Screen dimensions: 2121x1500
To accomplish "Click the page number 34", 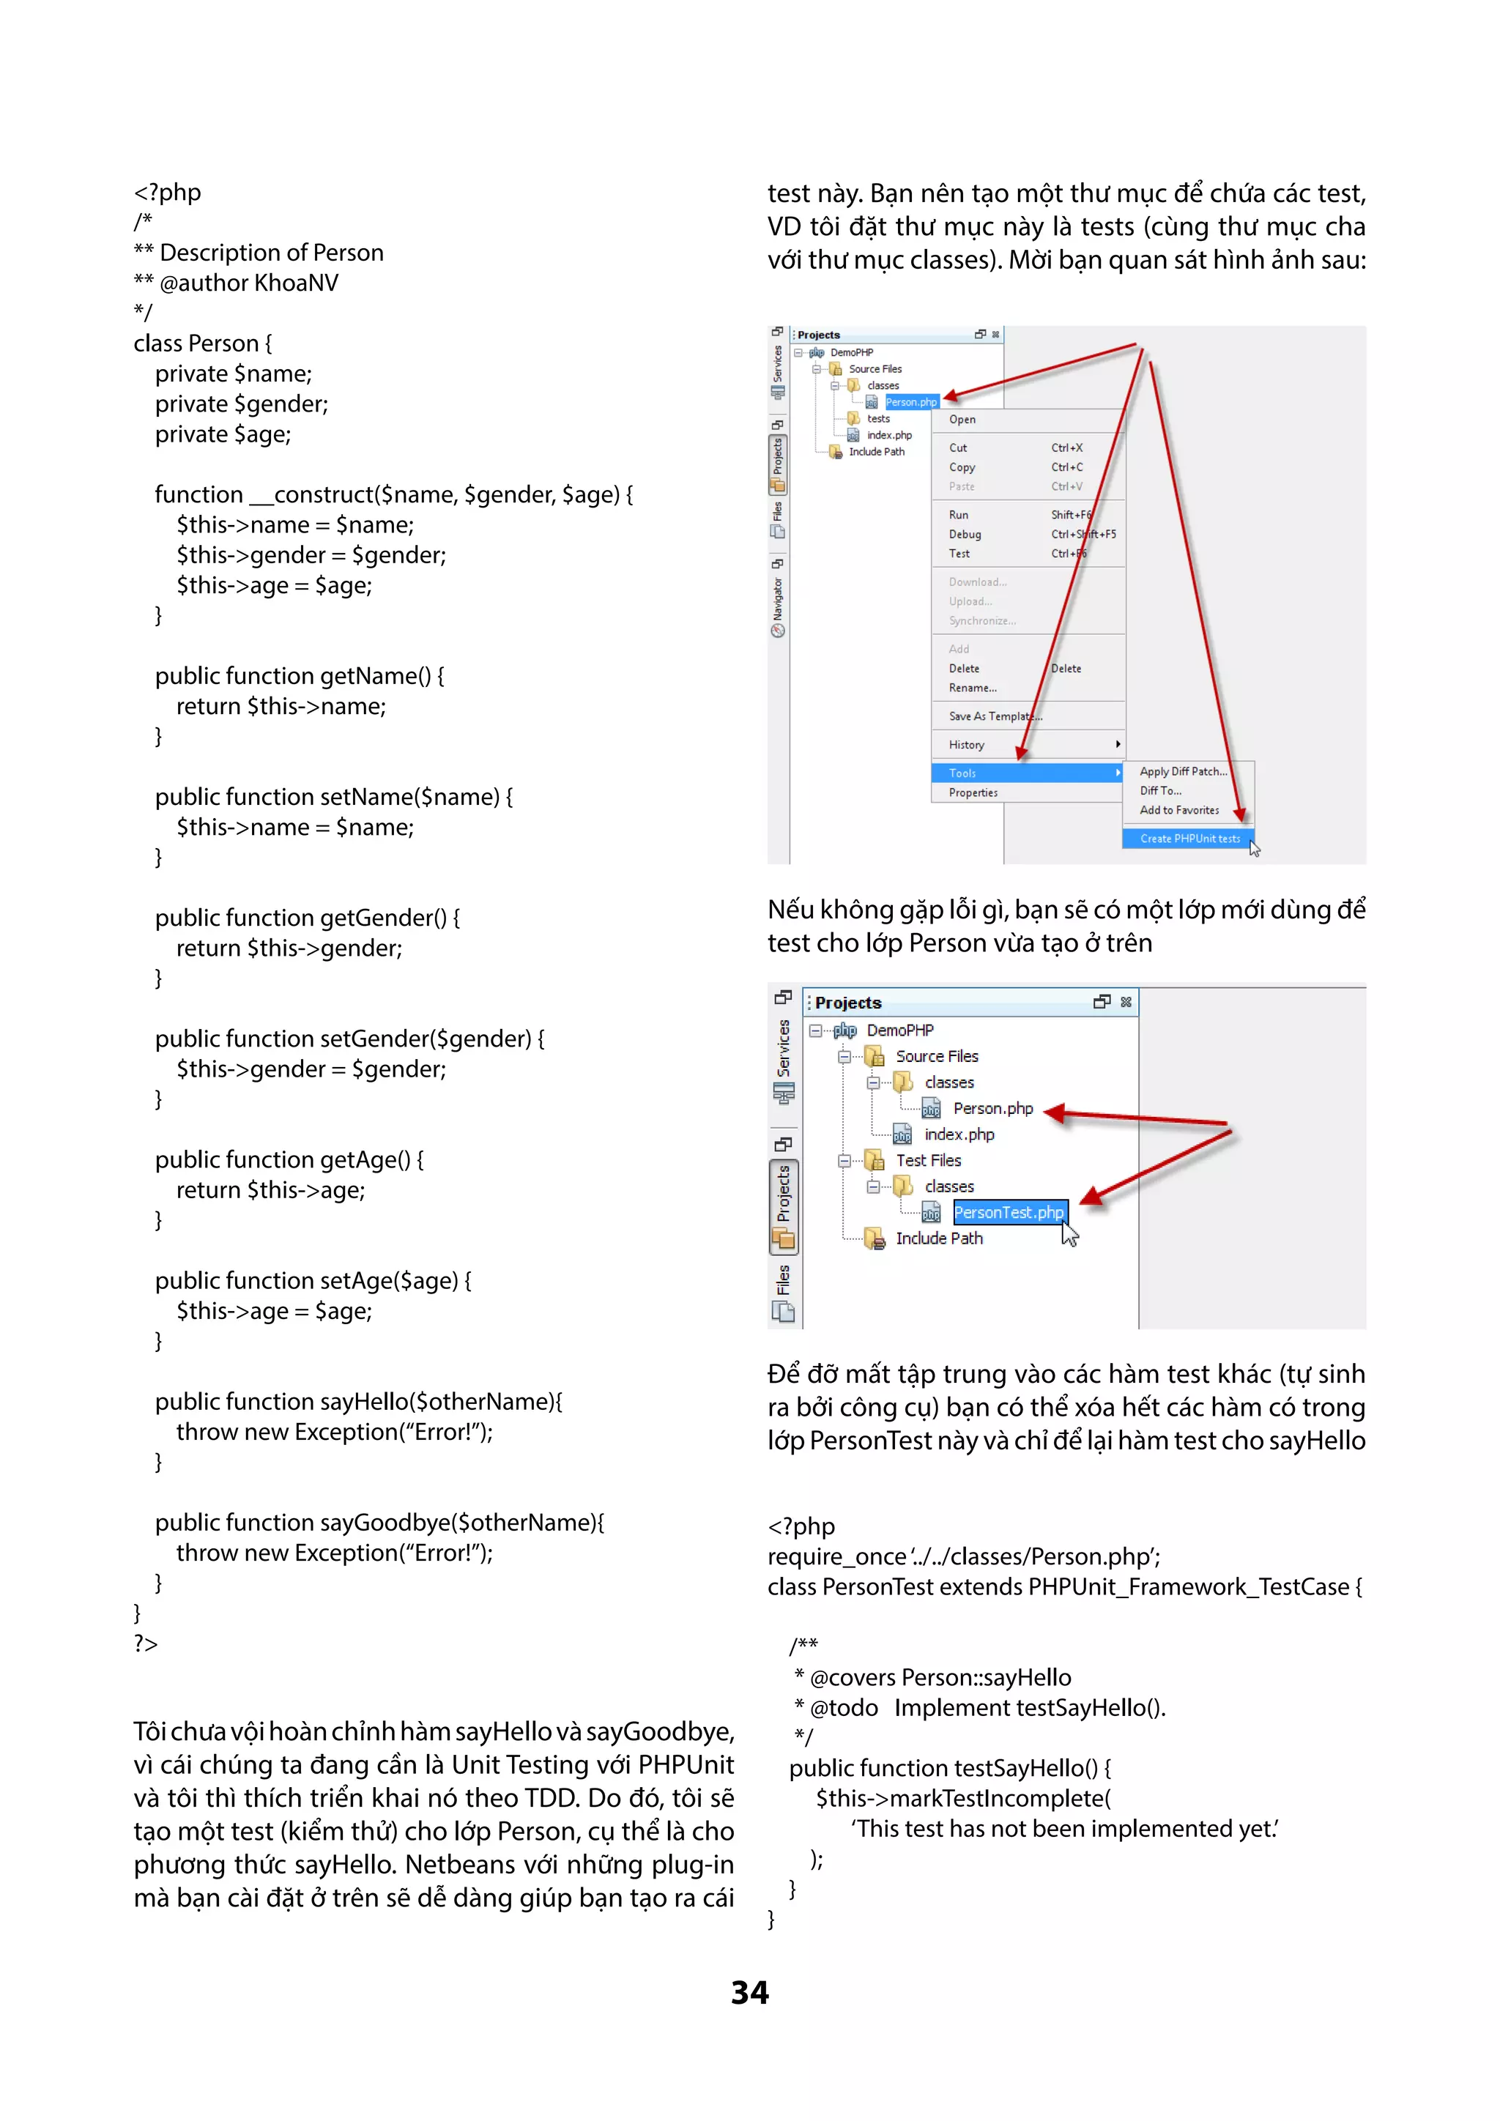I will (x=749, y=1993).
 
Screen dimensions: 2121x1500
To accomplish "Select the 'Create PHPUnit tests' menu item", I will (x=1189, y=839).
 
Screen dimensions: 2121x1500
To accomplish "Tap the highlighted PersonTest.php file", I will (x=1009, y=1212).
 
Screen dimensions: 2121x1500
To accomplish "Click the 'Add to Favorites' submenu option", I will (x=1178, y=810).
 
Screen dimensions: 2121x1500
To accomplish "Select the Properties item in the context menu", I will (x=973, y=792).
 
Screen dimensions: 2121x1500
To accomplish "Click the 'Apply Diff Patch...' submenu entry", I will (x=1182, y=771).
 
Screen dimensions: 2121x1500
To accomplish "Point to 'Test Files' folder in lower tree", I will (x=927, y=1160).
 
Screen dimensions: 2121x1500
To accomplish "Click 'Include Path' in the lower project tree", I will (x=938, y=1238).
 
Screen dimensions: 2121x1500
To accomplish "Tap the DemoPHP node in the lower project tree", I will (x=899, y=1030).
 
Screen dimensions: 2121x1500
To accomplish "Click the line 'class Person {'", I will (x=202, y=343).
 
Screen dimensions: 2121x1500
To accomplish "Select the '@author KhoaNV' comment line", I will (x=237, y=283).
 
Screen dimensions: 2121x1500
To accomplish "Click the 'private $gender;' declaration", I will (x=241, y=404).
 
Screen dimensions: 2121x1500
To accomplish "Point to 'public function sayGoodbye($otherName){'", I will (x=379, y=1523).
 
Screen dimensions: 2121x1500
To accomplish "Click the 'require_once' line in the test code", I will (x=962, y=1556).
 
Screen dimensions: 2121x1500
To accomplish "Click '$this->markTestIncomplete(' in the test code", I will (x=962, y=1799).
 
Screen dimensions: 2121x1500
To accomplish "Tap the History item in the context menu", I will (x=966, y=745).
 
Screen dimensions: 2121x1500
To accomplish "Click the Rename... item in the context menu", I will (x=972, y=687).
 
